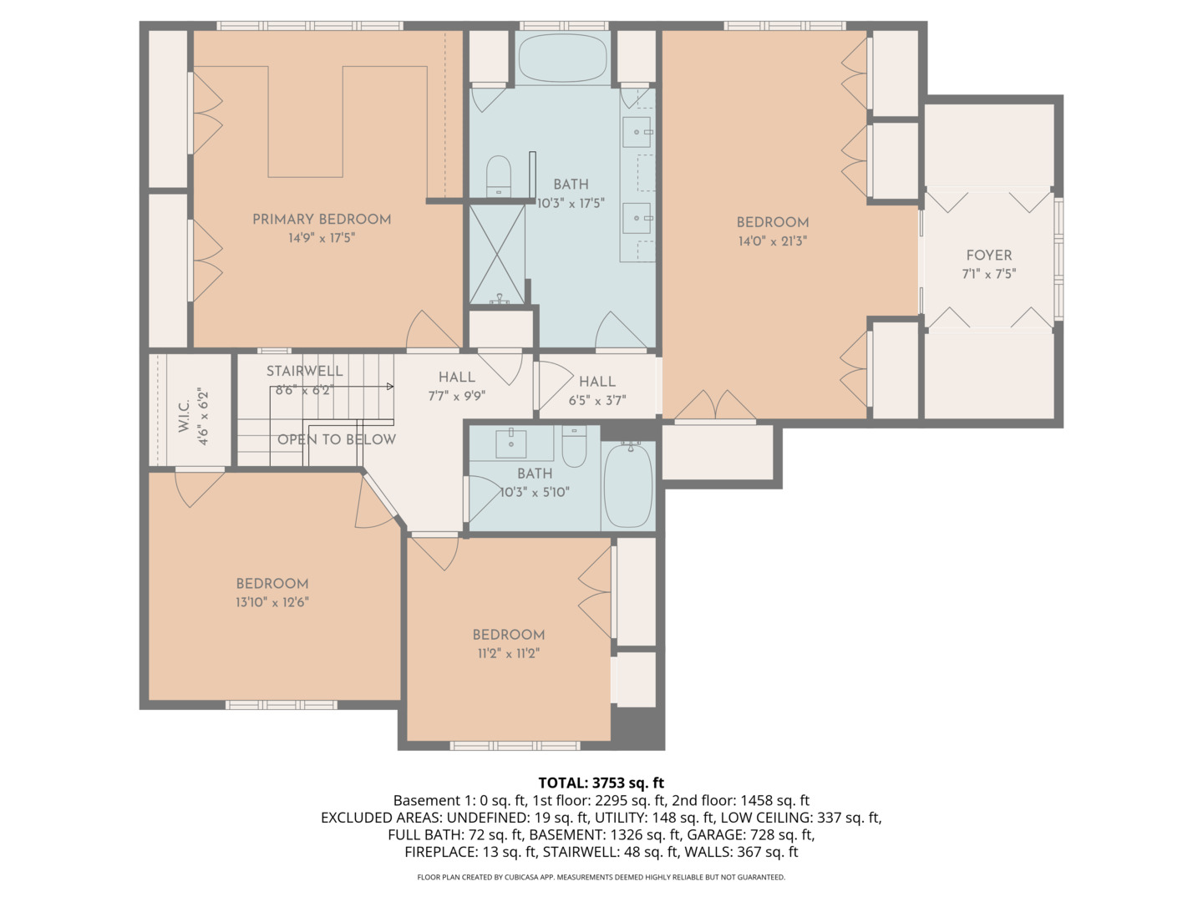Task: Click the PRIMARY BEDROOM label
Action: [x=322, y=219]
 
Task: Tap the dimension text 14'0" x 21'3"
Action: [x=772, y=241]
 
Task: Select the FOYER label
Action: [x=988, y=256]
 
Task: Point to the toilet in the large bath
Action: [x=499, y=176]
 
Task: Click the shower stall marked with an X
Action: [x=497, y=254]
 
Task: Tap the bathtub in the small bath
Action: [x=628, y=486]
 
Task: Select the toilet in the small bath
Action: [x=574, y=447]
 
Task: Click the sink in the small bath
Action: [x=511, y=443]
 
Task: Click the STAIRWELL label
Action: [x=304, y=371]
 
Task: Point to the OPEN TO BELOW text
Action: [x=337, y=439]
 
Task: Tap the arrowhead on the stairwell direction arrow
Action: [x=389, y=387]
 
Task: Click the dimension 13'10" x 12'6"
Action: [x=272, y=602]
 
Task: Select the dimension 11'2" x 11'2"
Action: [x=508, y=653]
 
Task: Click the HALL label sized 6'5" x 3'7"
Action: [x=597, y=382]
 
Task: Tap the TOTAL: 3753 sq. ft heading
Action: [x=601, y=783]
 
